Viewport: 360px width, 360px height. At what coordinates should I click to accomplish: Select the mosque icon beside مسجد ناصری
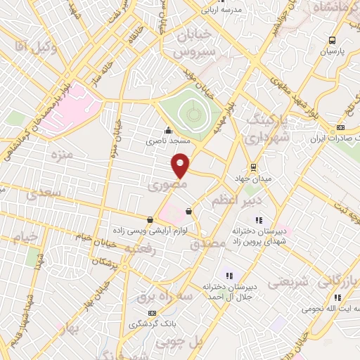tap(167, 130)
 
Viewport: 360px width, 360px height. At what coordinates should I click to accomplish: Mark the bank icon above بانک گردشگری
tap(150, 313)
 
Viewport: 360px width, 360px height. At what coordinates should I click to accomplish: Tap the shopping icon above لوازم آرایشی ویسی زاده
tap(150, 219)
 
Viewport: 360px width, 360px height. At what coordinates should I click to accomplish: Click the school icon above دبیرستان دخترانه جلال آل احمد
tap(227, 275)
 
